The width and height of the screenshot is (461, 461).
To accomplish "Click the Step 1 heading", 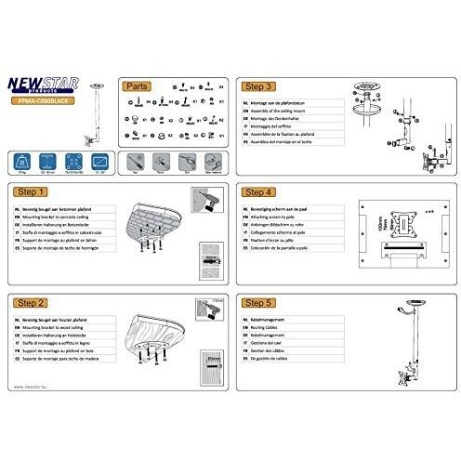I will pos(32,192).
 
